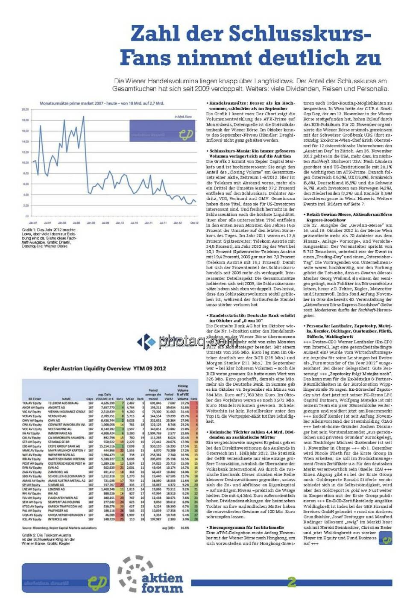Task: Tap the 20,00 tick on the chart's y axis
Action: pyautogui.click(x=25, y=110)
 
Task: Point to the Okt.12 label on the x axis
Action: pyautogui.click(x=194, y=223)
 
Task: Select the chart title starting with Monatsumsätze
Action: pyautogui.click(x=102, y=103)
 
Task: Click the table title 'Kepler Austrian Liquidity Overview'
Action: pyautogui.click(x=105, y=368)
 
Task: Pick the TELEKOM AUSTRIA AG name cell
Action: pyautogui.click(x=63, y=403)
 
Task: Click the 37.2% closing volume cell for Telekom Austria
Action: pyautogui.click(x=184, y=403)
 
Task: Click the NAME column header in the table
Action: pyautogui.click(x=67, y=398)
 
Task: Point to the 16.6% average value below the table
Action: pyautogui.click(x=185, y=528)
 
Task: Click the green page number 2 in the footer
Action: pyautogui.click(x=292, y=582)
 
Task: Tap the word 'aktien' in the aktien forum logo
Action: pyautogui.click(x=162, y=578)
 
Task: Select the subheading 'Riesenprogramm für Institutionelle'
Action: pyautogui.click(x=246, y=527)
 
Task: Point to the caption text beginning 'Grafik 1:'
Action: pyautogui.click(x=49, y=238)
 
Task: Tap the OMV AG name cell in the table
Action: pyautogui.click(x=54, y=420)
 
